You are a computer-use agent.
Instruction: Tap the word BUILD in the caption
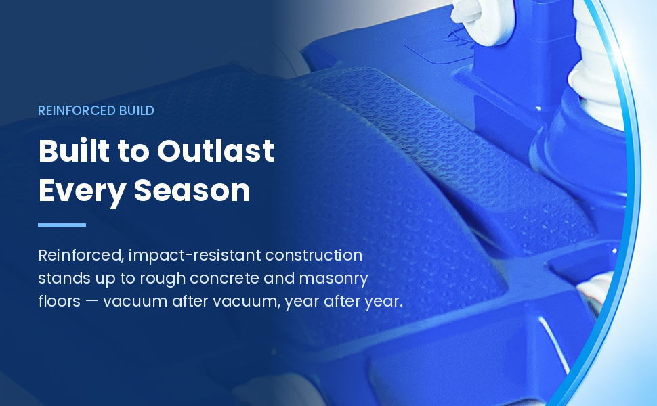coord(137,110)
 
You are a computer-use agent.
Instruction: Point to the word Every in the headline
coord(82,191)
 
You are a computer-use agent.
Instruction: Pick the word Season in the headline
coord(192,190)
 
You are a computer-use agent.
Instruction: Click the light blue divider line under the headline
coord(62,225)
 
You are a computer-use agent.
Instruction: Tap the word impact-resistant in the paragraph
coord(195,256)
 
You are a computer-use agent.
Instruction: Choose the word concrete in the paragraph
coord(225,279)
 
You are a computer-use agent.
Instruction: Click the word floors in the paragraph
coord(59,301)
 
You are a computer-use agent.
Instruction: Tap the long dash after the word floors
coord(91,302)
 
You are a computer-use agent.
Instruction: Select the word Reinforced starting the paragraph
coord(81,255)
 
